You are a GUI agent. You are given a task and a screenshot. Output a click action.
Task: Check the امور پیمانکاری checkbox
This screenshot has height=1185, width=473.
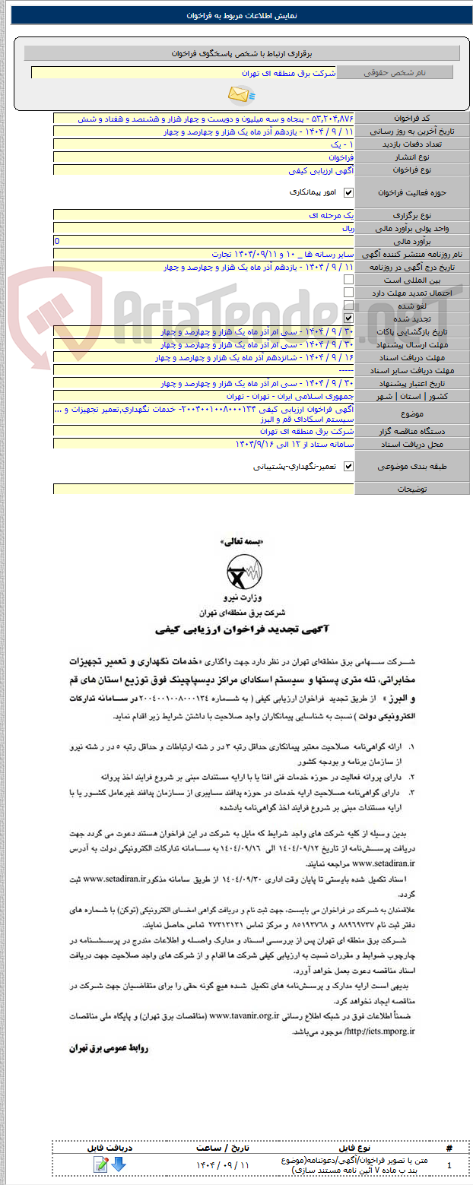point(349,193)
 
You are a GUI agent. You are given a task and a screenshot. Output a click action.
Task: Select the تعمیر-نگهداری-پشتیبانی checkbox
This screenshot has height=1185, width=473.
point(349,466)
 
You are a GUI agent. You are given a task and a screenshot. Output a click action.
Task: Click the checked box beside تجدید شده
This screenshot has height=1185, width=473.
point(349,318)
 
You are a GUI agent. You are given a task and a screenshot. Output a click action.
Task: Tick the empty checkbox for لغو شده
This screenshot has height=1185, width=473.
point(349,306)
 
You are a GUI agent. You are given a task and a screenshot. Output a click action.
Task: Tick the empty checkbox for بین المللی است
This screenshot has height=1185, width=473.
point(349,280)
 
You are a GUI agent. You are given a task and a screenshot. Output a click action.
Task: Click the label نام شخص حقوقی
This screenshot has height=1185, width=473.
point(395,72)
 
